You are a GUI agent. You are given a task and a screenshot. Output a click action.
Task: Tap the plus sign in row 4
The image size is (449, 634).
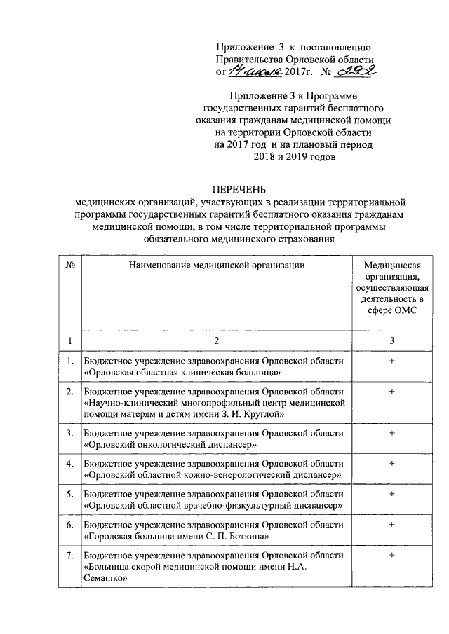(392, 463)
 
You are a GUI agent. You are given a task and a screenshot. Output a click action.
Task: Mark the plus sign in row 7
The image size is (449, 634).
(392, 555)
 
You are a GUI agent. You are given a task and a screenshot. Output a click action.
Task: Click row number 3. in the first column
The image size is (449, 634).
(69, 433)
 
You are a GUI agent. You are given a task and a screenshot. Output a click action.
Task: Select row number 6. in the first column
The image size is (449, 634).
(69, 524)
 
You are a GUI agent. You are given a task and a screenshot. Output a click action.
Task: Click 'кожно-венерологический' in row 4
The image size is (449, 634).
(236, 475)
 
